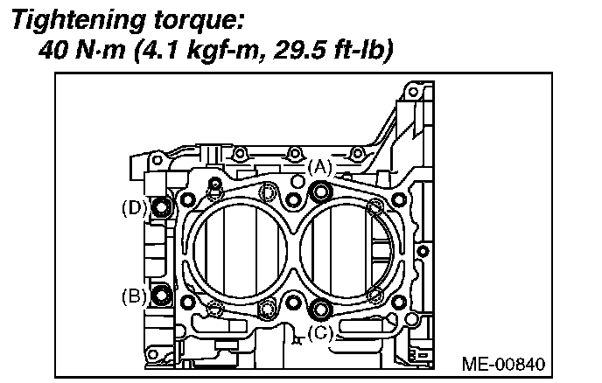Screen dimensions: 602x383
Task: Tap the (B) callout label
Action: [134, 296]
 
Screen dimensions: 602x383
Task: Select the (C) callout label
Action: [320, 332]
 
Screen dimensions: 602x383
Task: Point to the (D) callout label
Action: [134, 208]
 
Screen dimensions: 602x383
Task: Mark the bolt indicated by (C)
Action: [321, 307]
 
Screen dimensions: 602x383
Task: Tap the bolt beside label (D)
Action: [161, 208]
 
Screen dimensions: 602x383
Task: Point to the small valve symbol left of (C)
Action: [298, 337]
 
